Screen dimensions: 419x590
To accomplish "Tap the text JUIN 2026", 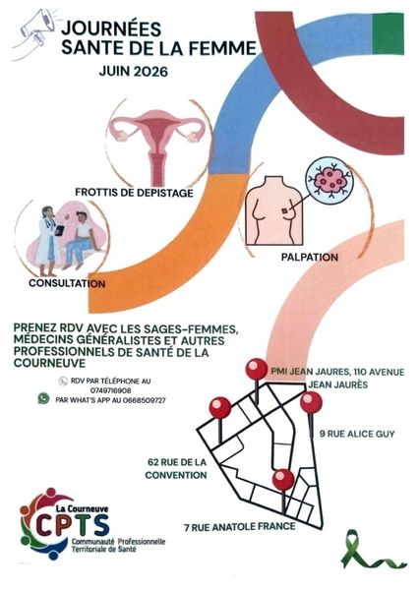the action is click(x=133, y=72).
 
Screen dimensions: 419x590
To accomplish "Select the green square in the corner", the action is click(x=388, y=33).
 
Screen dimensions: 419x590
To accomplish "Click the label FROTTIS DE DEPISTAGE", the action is click(x=134, y=193).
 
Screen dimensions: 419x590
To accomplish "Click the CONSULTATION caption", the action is click(x=67, y=283).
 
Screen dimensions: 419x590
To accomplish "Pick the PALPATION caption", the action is click(x=310, y=258).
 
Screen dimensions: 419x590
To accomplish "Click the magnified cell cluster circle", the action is click(x=330, y=181).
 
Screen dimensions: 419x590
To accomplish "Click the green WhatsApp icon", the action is click(x=43, y=398).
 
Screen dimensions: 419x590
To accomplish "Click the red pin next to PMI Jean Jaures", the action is click(x=257, y=370).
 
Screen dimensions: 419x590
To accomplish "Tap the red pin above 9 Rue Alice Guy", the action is click(x=311, y=402).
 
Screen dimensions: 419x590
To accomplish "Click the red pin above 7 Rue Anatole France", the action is click(x=283, y=480).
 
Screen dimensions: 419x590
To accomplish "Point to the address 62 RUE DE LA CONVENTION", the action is click(x=176, y=468).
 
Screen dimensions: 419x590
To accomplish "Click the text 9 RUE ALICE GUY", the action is click(x=357, y=434).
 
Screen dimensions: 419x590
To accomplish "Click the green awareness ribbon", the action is click(x=373, y=550).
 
